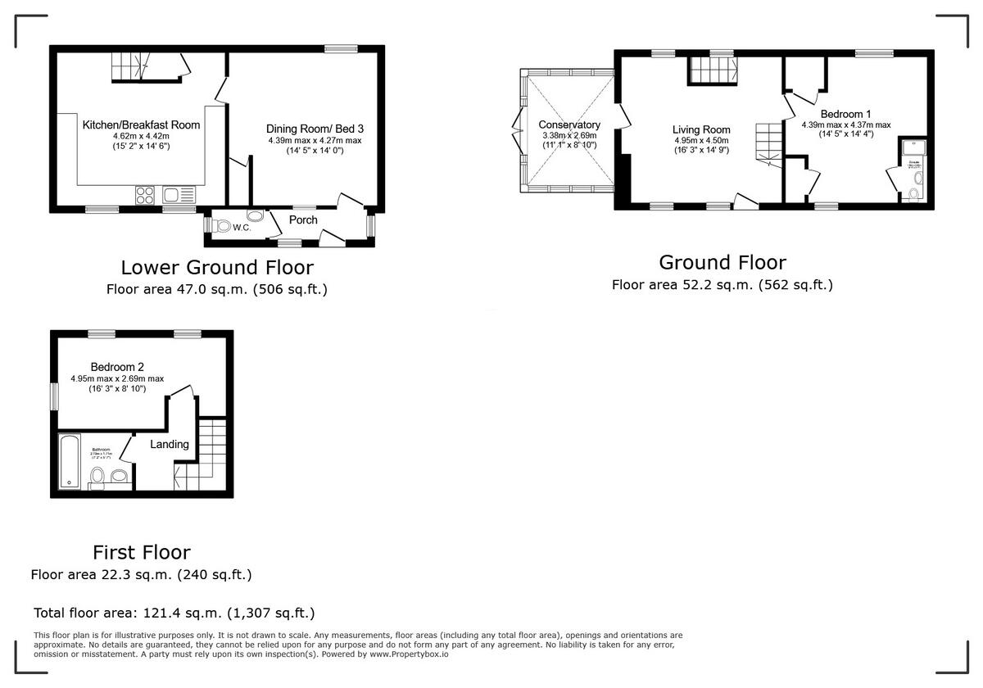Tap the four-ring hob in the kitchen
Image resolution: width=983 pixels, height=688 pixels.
click(145, 194)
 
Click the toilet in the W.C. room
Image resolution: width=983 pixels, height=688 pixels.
click(222, 226)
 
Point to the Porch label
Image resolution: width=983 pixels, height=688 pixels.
click(302, 220)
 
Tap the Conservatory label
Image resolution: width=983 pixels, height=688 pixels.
click(569, 124)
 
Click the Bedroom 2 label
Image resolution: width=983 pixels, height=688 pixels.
click(117, 367)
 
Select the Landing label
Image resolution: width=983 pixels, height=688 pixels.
click(170, 444)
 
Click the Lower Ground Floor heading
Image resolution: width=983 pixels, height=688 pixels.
click(217, 267)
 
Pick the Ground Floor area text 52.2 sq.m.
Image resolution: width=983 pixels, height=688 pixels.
click(722, 285)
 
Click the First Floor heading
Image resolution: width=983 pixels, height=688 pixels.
click(141, 552)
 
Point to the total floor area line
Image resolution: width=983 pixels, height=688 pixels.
click(174, 613)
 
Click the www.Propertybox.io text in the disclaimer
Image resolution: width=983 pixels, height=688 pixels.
click(408, 654)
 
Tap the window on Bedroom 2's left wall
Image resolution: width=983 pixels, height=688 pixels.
click(54, 396)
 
